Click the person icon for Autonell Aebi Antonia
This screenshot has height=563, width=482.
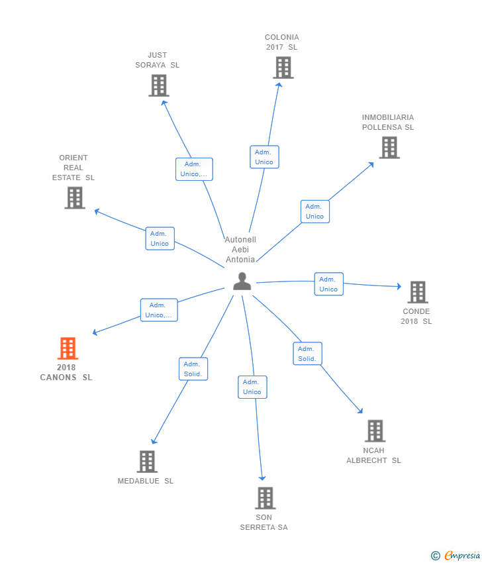242,281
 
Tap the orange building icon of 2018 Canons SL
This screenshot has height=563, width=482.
68,348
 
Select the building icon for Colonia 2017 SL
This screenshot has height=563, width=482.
283,68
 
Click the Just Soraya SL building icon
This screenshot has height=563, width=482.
158,85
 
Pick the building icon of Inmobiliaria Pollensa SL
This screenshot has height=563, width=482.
389,148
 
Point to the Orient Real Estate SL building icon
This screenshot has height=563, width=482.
75,197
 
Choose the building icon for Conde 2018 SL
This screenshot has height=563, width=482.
417,292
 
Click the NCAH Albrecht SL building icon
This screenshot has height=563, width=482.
375,431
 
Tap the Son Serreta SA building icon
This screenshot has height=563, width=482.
265,498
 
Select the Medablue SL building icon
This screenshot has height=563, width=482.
146,462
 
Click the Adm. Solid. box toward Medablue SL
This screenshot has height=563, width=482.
193,369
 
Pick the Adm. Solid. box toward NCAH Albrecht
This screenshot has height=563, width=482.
307,354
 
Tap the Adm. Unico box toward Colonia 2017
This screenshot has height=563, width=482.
264,157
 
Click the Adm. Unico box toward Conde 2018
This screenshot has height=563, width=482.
328,284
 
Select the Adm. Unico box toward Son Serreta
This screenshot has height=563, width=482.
252,387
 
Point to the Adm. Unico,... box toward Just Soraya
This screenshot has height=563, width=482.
194,169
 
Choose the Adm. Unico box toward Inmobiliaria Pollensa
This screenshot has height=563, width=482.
314,211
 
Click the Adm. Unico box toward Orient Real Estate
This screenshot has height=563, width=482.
160,238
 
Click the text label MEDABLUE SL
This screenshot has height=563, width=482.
146,481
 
